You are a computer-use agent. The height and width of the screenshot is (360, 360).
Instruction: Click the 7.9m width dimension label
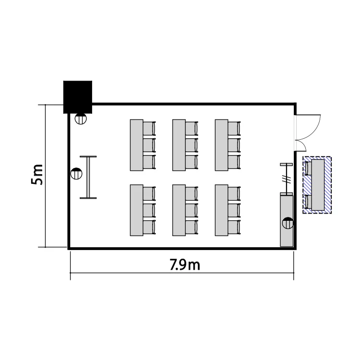[185, 264]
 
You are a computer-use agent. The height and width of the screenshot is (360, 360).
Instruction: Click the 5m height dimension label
[37, 175]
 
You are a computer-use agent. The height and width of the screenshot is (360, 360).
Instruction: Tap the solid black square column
[78, 97]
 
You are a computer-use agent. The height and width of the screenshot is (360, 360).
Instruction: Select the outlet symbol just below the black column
[81, 119]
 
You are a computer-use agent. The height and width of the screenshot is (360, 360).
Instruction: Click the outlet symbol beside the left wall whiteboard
[76, 174]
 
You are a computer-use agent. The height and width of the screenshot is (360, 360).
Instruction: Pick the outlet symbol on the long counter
[288, 223]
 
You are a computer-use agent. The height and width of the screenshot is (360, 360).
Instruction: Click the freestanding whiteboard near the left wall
[88, 177]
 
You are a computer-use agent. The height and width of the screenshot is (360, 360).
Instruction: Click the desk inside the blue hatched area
[318, 185]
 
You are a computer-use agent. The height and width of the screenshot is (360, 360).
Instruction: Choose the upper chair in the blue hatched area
[308, 168]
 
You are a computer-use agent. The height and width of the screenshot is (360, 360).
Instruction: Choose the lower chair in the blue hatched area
[308, 202]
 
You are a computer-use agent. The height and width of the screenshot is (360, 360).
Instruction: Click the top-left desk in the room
[137, 145]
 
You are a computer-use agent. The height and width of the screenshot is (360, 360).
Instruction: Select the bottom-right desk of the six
[222, 210]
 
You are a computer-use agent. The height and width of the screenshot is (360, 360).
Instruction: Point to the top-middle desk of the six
[179, 145]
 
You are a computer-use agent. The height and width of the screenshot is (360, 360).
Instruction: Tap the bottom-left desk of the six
[137, 210]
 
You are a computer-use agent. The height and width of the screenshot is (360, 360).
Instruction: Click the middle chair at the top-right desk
[234, 145]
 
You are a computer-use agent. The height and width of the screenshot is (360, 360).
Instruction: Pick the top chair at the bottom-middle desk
[192, 193]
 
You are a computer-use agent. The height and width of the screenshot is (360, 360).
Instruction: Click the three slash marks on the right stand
[287, 179]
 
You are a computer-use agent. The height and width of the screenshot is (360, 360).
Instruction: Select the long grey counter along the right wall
[287, 220]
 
